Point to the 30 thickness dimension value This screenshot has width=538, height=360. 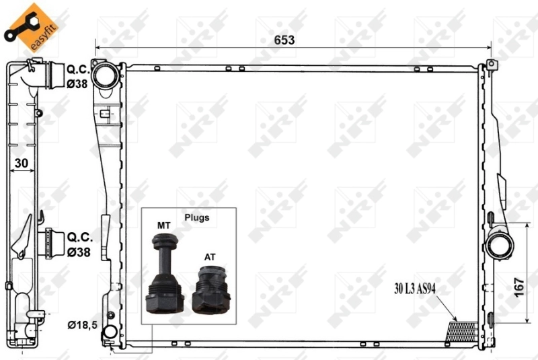(x=22, y=163)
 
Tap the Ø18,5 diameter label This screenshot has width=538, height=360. (x=82, y=326)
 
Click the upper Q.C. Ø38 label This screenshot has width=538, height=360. (x=79, y=75)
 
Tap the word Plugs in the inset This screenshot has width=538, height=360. (x=197, y=217)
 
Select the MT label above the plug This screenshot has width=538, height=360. (x=163, y=224)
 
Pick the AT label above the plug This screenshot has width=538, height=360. (x=210, y=257)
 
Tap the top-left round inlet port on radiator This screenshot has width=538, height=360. (x=105, y=76)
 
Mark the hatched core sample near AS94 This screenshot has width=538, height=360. (x=462, y=329)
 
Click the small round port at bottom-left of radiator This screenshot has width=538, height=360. (x=110, y=332)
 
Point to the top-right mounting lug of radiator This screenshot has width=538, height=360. (x=491, y=65)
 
